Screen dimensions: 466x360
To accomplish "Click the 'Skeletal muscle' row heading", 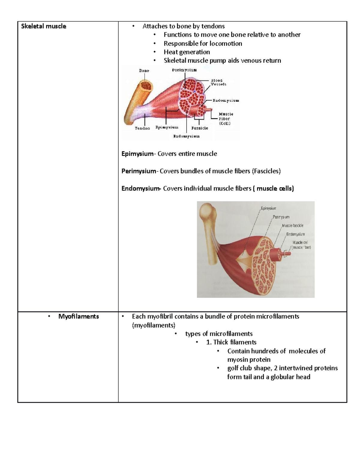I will (x=43, y=26).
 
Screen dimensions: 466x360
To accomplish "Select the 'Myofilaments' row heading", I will (x=78, y=316).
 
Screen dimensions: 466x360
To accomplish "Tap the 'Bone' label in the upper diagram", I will (x=144, y=71).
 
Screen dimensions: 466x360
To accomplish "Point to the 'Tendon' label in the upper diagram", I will (x=142, y=128).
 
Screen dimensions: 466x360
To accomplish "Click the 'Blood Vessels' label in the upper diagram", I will (x=218, y=82).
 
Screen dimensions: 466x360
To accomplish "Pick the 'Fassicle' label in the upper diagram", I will (x=199, y=128).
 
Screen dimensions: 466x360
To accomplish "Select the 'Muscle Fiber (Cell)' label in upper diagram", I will (x=226, y=119).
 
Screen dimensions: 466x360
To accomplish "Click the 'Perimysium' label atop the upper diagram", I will (x=184, y=70).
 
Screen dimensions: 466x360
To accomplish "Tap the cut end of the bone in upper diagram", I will (x=146, y=86).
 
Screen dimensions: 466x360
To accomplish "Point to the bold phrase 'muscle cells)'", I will (x=275, y=189).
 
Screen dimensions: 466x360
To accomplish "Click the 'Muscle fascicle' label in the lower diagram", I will (x=292, y=226).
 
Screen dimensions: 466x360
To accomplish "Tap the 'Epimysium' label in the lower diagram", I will (x=268, y=208).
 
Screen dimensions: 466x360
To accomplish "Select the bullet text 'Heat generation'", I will (x=187, y=52).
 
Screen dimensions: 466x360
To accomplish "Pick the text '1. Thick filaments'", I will (x=231, y=342).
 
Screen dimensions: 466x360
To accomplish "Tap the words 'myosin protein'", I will (x=249, y=360).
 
